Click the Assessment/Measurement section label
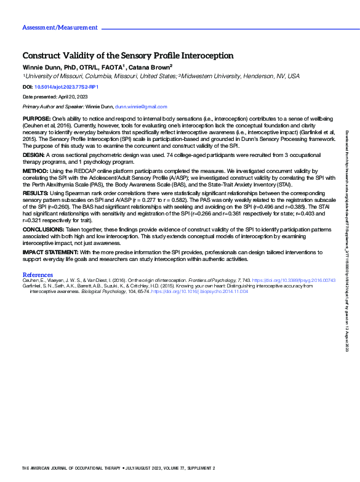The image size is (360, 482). point(60,28)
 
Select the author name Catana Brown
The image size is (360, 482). point(150,66)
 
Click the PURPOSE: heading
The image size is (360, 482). point(36,118)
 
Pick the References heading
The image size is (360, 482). point(38,274)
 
